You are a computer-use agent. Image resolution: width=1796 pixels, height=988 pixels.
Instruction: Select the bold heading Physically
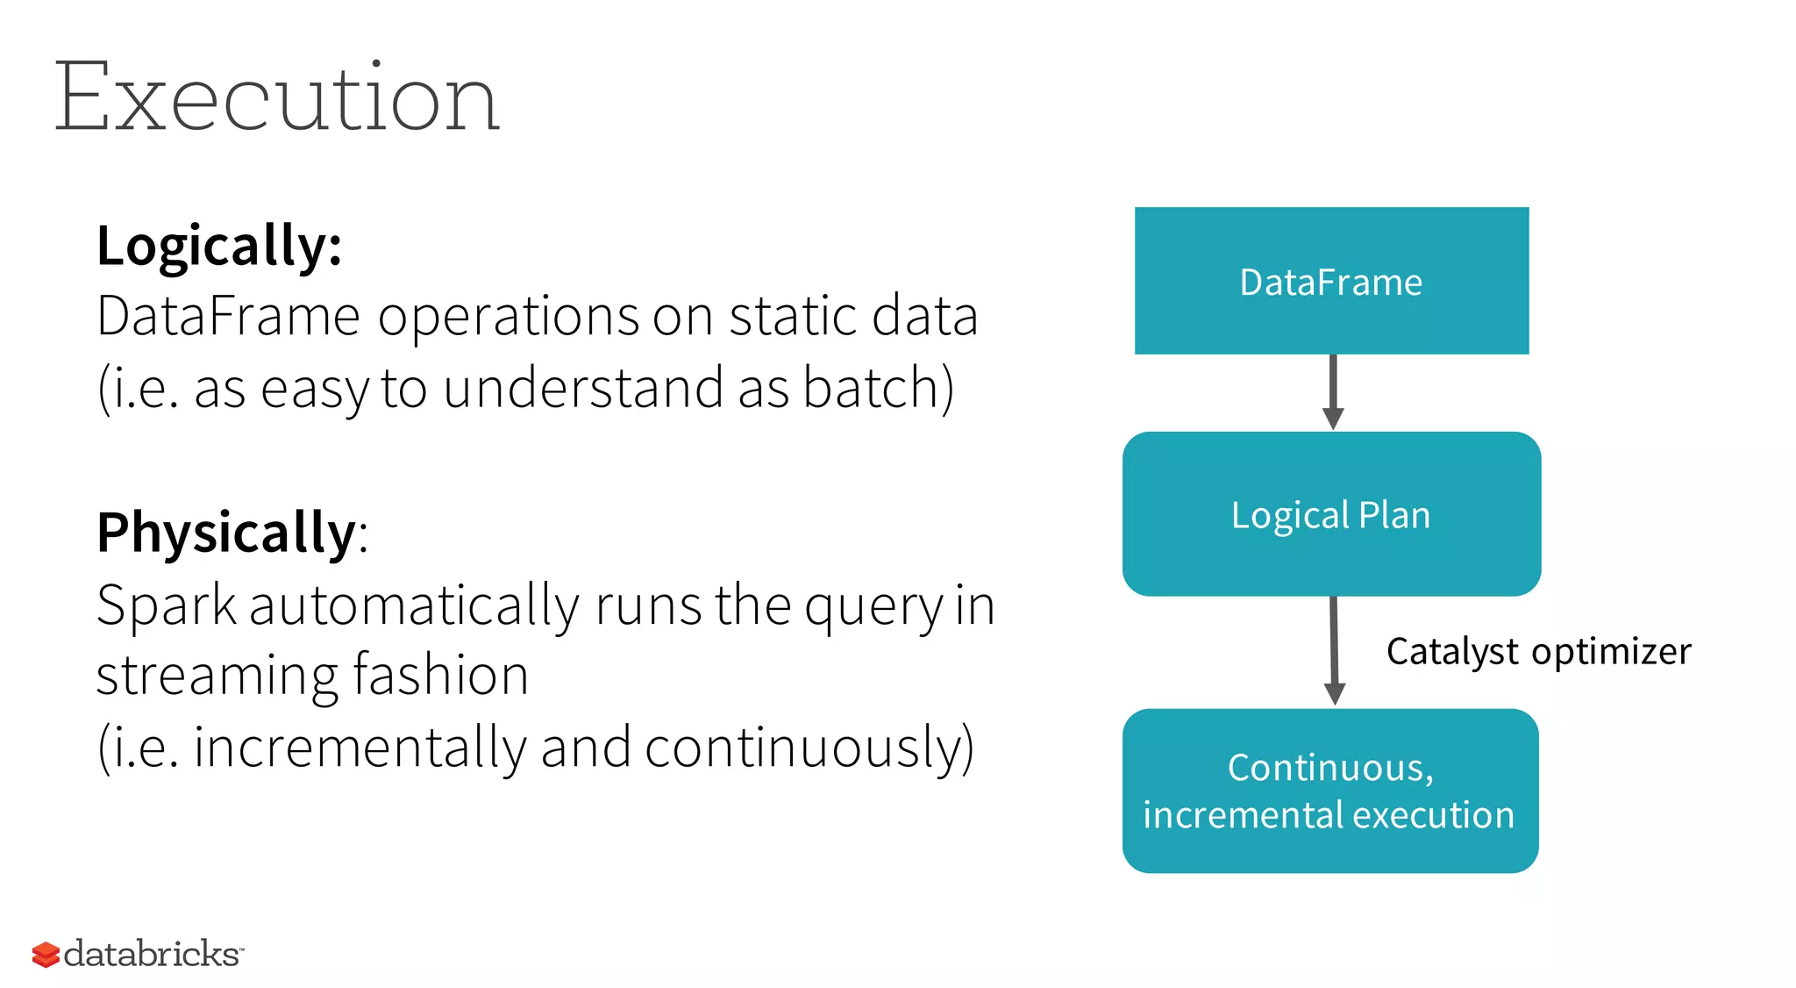(226, 532)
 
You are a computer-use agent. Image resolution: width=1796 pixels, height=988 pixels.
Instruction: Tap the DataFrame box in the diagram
(1331, 281)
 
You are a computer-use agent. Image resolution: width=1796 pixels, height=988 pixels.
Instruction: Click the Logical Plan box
(1331, 514)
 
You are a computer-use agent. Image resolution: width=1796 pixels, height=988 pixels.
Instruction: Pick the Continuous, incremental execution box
(1330, 791)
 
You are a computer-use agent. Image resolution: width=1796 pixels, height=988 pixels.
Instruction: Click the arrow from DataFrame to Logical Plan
(1333, 392)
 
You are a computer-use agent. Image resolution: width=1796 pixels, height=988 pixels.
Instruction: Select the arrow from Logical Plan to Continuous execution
(1334, 652)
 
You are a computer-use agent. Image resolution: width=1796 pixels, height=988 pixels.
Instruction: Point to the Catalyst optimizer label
(1538, 652)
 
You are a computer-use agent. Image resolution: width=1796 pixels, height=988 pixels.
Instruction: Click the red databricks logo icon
(46, 955)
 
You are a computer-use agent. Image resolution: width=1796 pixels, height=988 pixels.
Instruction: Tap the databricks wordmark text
(152, 954)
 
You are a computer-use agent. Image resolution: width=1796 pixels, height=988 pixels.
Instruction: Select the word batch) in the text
(878, 388)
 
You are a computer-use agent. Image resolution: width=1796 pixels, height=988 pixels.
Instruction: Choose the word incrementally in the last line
(360, 748)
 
